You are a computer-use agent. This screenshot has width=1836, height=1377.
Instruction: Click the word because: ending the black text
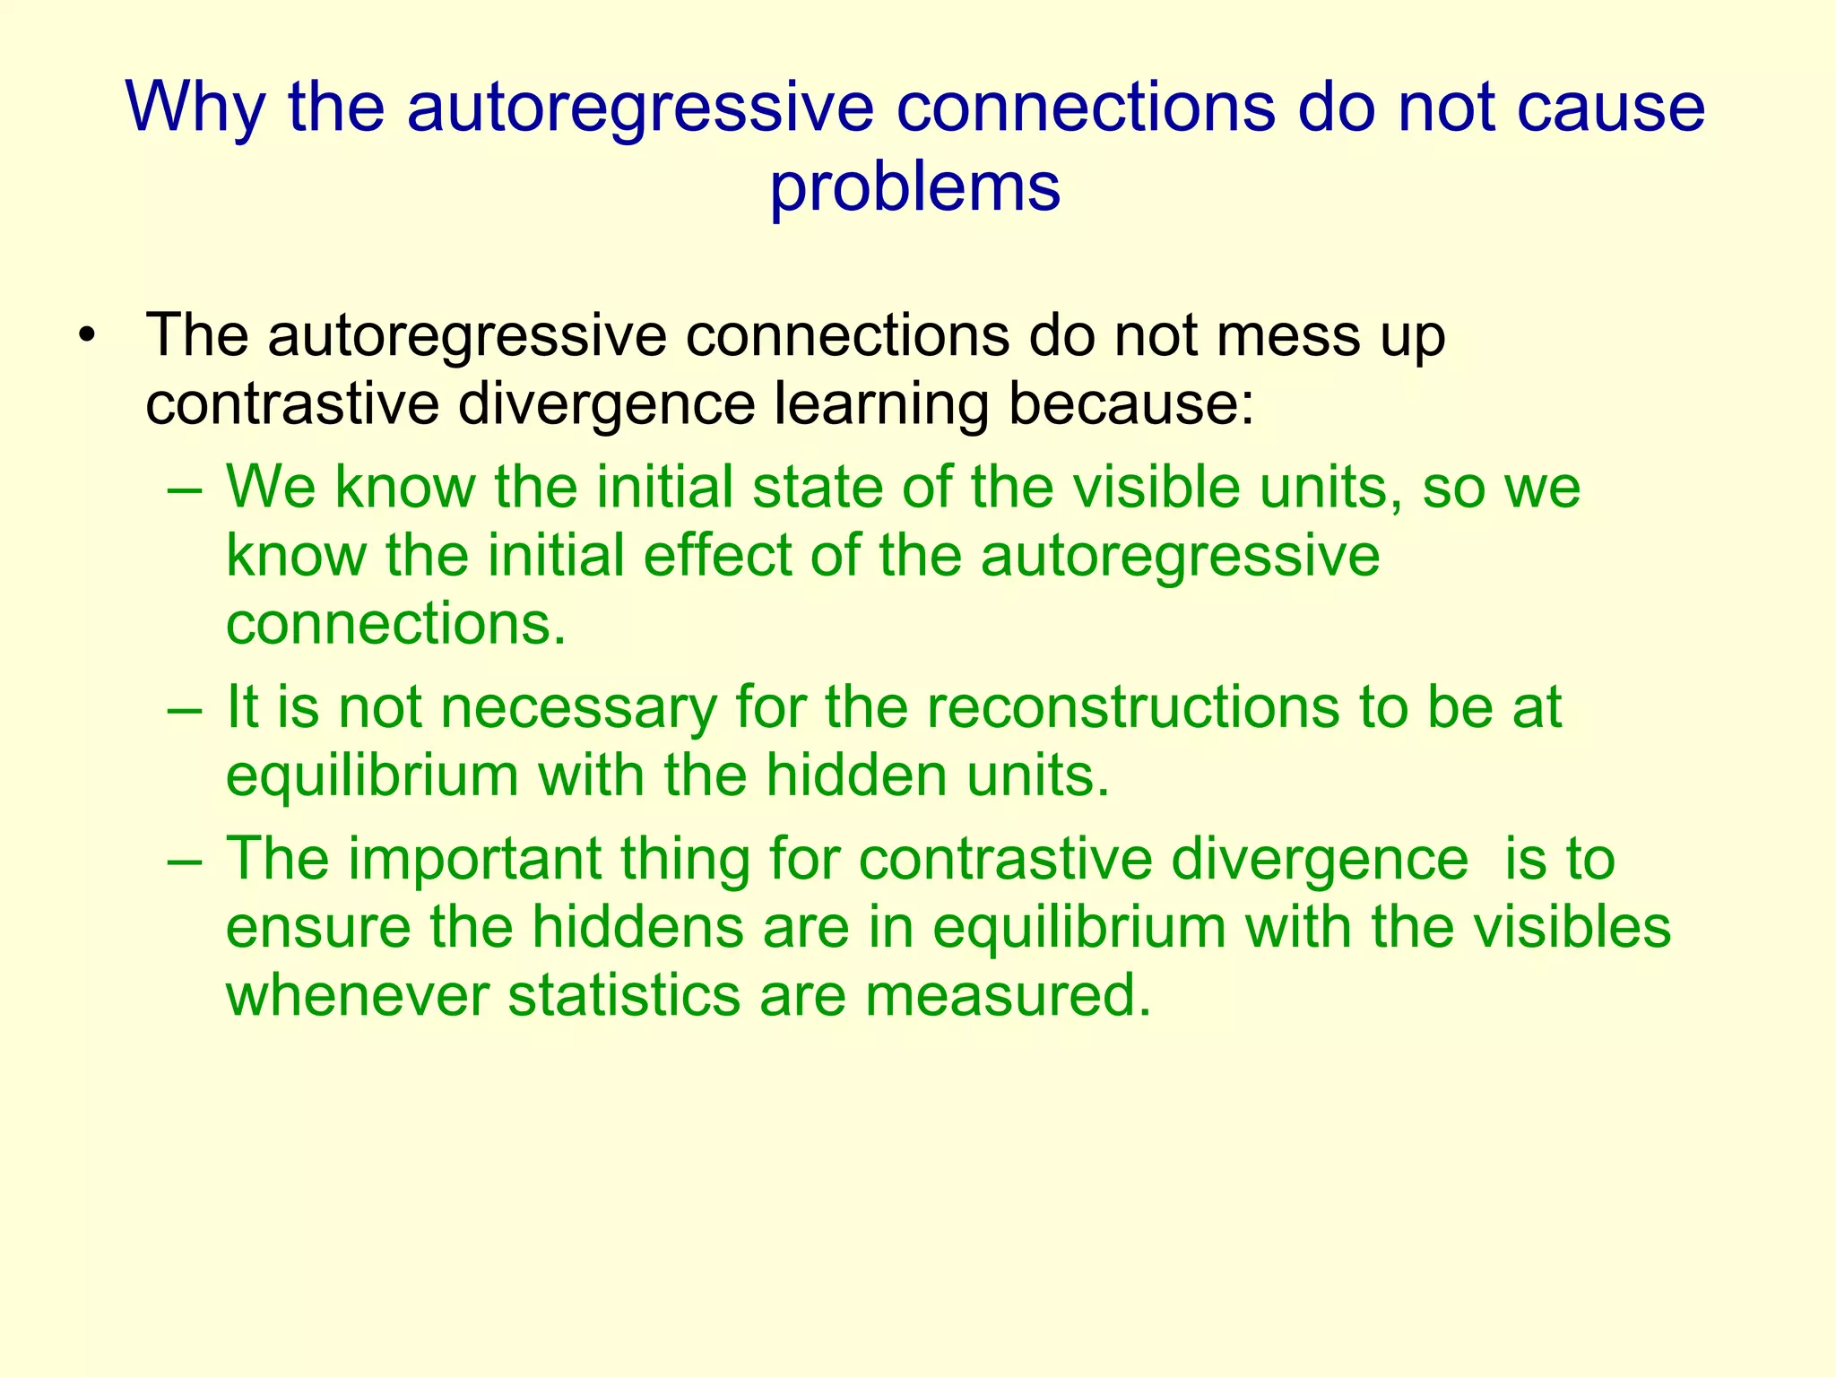click(x=1131, y=404)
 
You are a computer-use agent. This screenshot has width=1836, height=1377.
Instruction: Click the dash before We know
click(x=186, y=489)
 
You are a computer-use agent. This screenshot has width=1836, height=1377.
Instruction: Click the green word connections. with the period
click(x=395, y=624)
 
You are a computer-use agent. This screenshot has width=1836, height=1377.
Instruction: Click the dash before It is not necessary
click(x=186, y=708)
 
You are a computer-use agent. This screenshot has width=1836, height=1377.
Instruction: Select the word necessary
click(x=578, y=708)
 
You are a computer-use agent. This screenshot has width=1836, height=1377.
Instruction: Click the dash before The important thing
click(x=186, y=860)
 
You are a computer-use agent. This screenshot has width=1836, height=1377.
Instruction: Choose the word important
click(x=474, y=859)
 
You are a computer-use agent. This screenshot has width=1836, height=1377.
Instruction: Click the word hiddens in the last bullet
click(x=637, y=927)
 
